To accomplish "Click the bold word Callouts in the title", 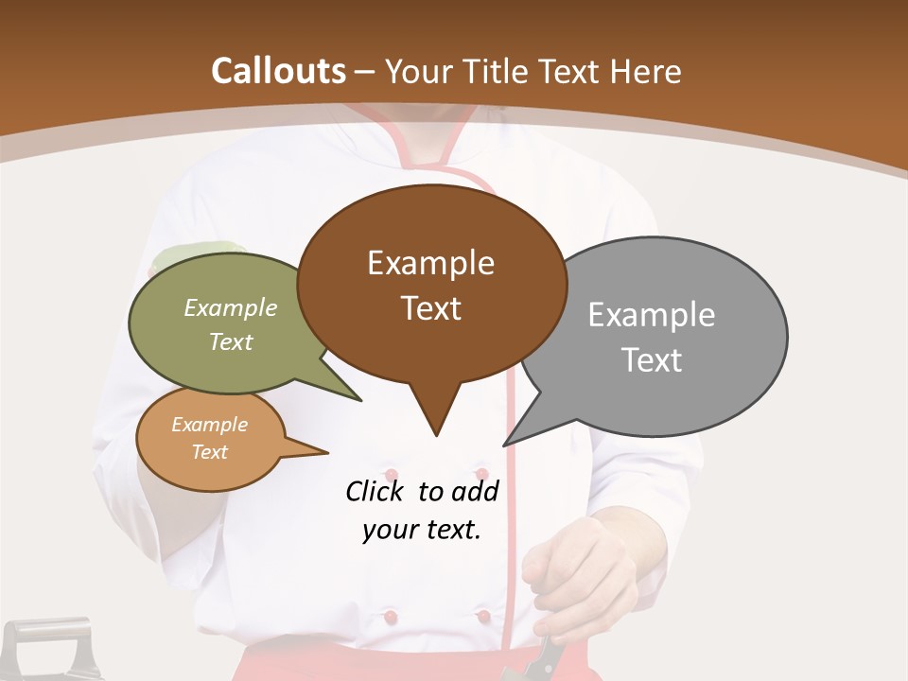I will coord(278,71).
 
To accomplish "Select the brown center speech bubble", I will coord(431,284).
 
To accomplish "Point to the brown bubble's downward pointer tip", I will coord(436,435).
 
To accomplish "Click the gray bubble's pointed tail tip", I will coord(504,445).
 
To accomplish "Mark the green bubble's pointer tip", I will coord(360,400).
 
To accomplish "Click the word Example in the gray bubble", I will coord(651,314).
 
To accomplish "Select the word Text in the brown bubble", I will coord(431,308).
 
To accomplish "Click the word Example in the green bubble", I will coord(231,307).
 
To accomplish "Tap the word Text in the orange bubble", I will coord(210,452).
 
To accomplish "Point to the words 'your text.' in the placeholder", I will coord(422,530).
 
